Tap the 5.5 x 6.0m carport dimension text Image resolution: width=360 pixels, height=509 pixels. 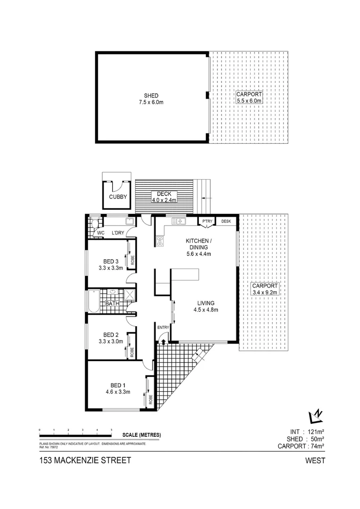[249, 101]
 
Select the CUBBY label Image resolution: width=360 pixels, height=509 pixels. [118, 197]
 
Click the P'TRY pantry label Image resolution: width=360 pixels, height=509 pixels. [207, 222]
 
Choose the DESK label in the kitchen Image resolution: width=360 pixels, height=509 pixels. [226, 222]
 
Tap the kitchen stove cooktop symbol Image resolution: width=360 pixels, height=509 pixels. [160, 241]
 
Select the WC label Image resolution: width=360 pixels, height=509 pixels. [100, 233]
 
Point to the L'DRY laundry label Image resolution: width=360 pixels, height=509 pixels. [117, 233]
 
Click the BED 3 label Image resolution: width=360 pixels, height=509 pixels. [111, 262]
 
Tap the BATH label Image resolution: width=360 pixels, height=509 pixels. [112, 304]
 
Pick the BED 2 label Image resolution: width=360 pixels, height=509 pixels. [111, 335]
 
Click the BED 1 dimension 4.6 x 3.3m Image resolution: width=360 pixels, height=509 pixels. [118, 391]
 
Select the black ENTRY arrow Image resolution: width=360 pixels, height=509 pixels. [164, 336]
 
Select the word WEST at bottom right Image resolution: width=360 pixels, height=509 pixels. [315, 461]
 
